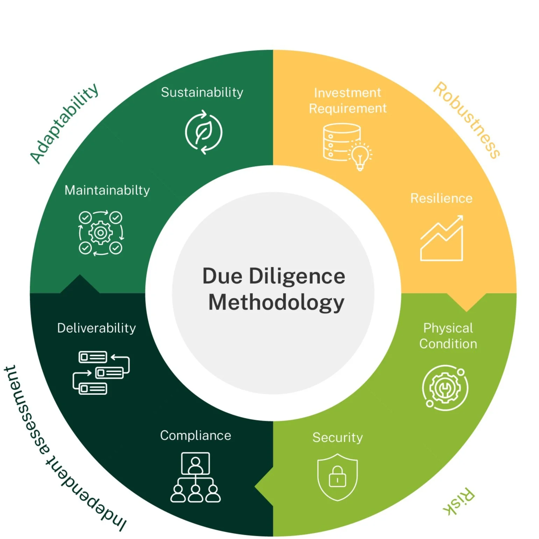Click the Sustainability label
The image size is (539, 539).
[202, 92]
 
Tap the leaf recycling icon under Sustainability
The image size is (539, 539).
[204, 132]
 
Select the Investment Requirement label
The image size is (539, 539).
[347, 100]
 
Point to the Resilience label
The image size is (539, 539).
[441, 198]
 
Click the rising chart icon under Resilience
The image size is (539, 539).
[442, 239]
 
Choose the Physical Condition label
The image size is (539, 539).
[448, 336]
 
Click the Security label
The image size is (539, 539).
[338, 437]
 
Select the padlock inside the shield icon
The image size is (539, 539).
[338, 477]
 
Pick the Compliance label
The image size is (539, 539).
[196, 435]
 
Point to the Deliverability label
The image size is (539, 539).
[97, 328]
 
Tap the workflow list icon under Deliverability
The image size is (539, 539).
[101, 373]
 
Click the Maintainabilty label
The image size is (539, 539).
[107, 190]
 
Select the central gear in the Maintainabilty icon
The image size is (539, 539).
[101, 233]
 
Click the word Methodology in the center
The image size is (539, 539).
[276, 302]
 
